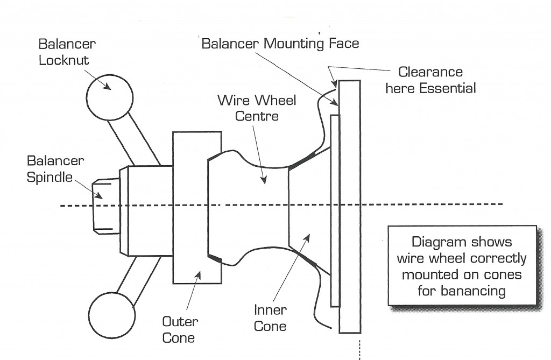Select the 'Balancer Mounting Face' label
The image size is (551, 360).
(280, 43)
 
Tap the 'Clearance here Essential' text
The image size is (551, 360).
(430, 80)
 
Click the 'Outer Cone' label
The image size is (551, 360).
(180, 330)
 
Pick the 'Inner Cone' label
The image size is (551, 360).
(270, 318)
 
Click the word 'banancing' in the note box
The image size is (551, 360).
(462, 291)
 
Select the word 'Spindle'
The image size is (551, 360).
(49, 177)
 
